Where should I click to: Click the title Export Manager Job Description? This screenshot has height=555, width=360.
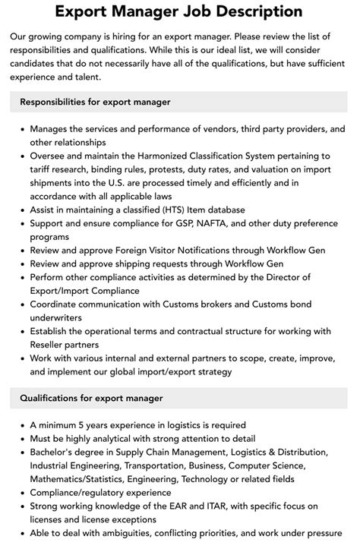click(x=180, y=11)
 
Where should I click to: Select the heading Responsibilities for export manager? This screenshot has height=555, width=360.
click(x=95, y=102)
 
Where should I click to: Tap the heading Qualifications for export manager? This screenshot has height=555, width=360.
click(x=91, y=398)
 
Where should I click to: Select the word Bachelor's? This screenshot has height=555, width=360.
click(x=55, y=452)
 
